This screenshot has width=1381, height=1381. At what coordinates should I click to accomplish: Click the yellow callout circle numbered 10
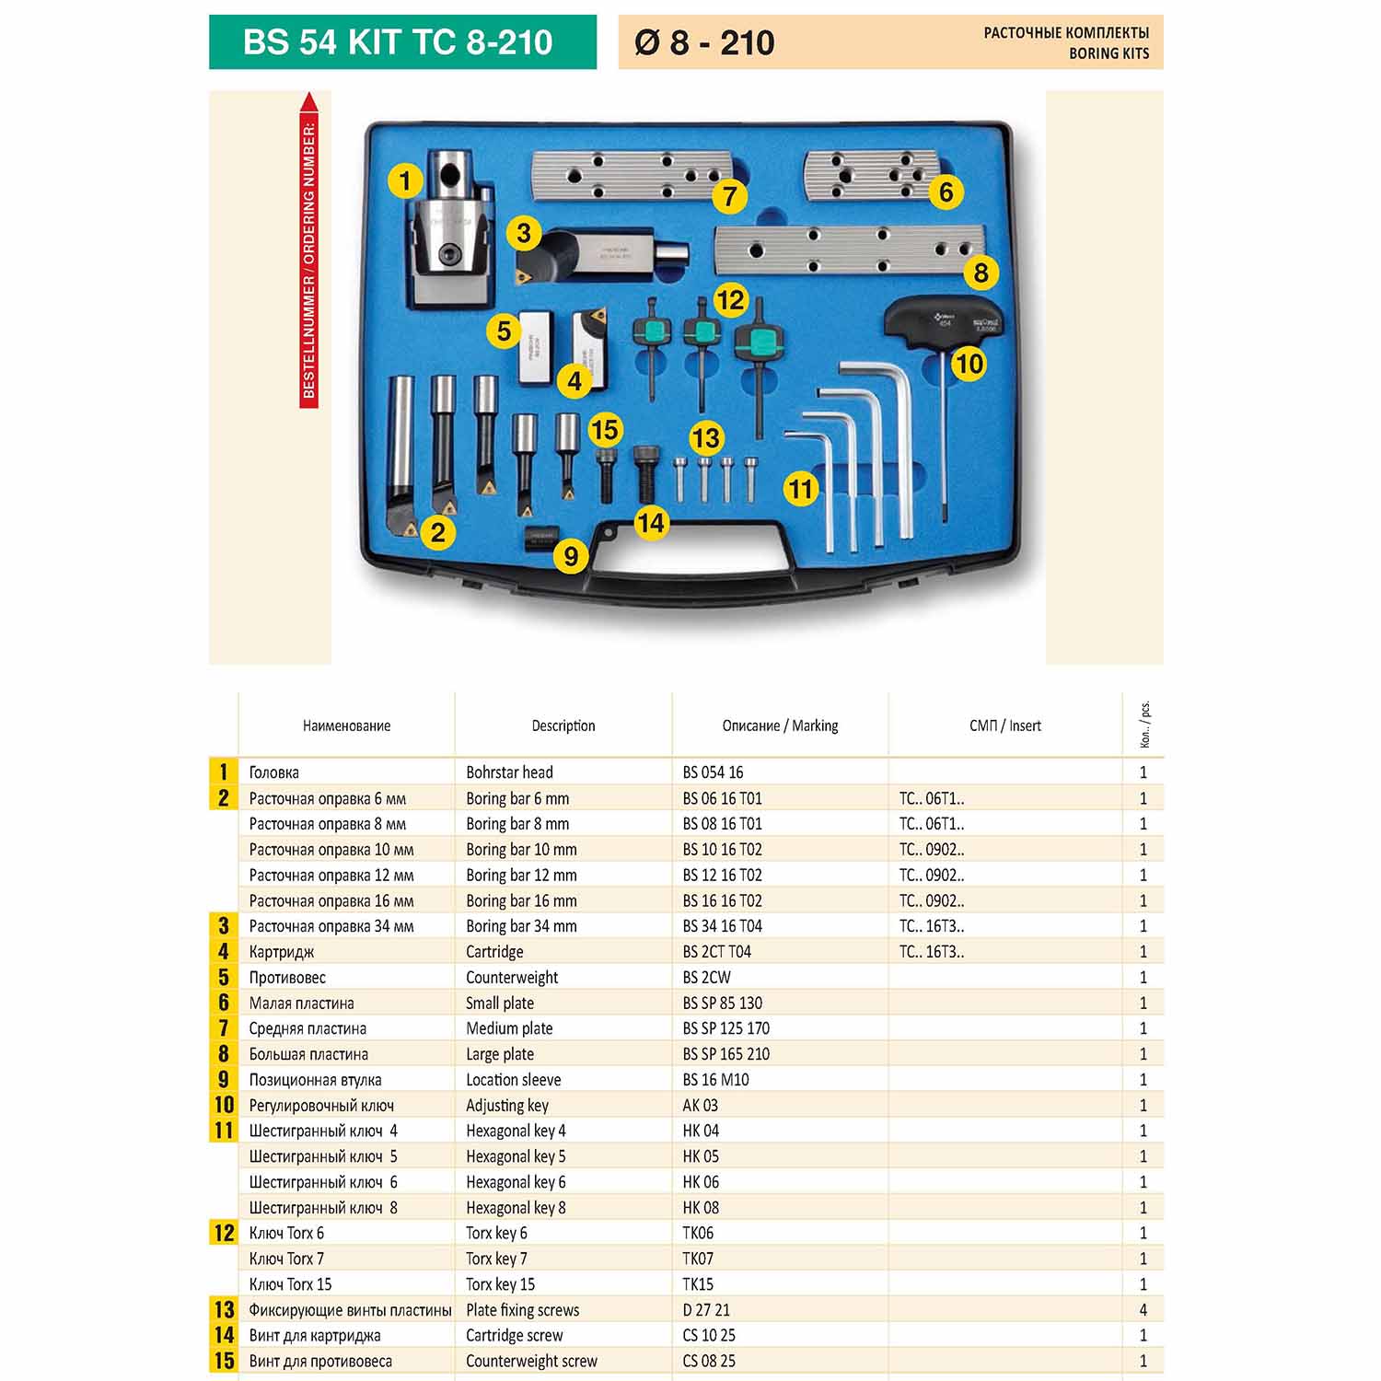point(969,365)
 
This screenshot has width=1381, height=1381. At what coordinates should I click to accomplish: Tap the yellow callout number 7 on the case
point(729,196)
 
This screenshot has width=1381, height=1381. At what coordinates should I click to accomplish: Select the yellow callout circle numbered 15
point(604,430)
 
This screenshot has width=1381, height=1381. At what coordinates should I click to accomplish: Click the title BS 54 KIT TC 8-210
point(398,42)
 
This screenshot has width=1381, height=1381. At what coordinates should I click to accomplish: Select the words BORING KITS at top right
point(1108,53)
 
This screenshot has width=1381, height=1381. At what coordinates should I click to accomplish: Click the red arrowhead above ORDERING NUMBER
point(309,103)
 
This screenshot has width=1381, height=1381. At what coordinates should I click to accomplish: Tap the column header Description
point(563,725)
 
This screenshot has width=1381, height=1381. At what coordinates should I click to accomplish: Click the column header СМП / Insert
point(1005,725)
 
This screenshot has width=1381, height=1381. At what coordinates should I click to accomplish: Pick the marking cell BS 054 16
point(713,772)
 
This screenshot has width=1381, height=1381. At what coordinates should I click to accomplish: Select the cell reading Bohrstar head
point(509,772)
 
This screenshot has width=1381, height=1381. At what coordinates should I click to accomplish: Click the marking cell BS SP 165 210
point(726,1054)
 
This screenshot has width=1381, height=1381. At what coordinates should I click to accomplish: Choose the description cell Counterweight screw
point(531,1361)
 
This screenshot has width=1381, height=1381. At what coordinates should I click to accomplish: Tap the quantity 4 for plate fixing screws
point(1143,1309)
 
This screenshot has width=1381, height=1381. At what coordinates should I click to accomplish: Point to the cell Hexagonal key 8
point(516,1207)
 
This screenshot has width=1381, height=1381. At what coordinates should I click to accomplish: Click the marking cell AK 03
point(700,1105)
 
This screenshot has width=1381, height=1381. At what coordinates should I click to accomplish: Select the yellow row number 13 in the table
point(224,1309)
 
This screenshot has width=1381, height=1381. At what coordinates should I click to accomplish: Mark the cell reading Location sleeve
point(513,1079)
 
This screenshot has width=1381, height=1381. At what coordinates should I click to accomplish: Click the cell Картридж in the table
point(282,952)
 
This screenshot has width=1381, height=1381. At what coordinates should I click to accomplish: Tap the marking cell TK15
point(698,1283)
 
